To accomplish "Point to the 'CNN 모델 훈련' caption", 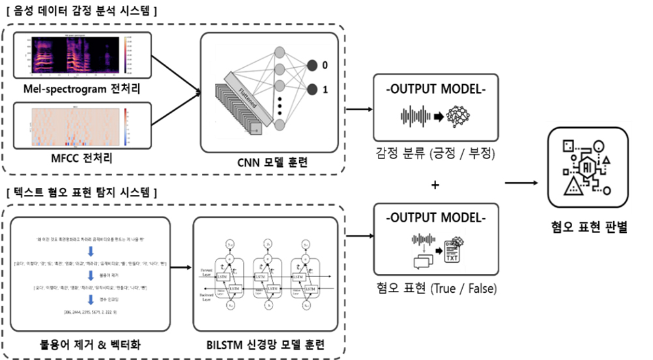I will coord(272,160).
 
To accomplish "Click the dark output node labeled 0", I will coord(312,65).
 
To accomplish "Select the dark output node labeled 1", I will coord(312,89).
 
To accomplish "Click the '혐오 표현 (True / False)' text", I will coord(435,288).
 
